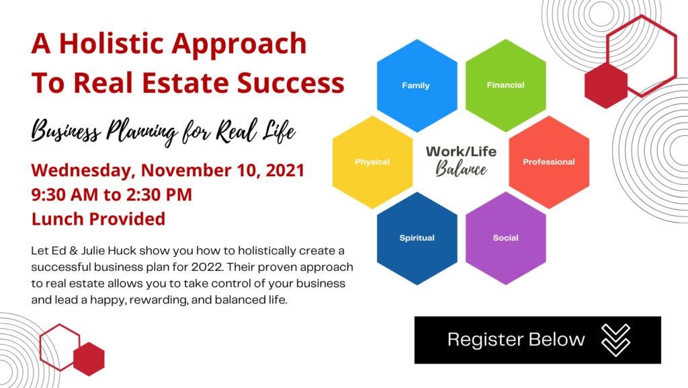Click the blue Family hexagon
417,85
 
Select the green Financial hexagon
505,85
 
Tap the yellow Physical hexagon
372,162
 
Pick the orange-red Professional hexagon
549,162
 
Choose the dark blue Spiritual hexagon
417,238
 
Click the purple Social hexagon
505,238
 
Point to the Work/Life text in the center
461,152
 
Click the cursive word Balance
461,169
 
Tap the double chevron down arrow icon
615,340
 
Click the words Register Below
516,340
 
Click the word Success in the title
291,83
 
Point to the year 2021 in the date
285,170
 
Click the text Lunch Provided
98,219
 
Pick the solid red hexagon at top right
606,85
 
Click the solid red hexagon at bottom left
89,359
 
